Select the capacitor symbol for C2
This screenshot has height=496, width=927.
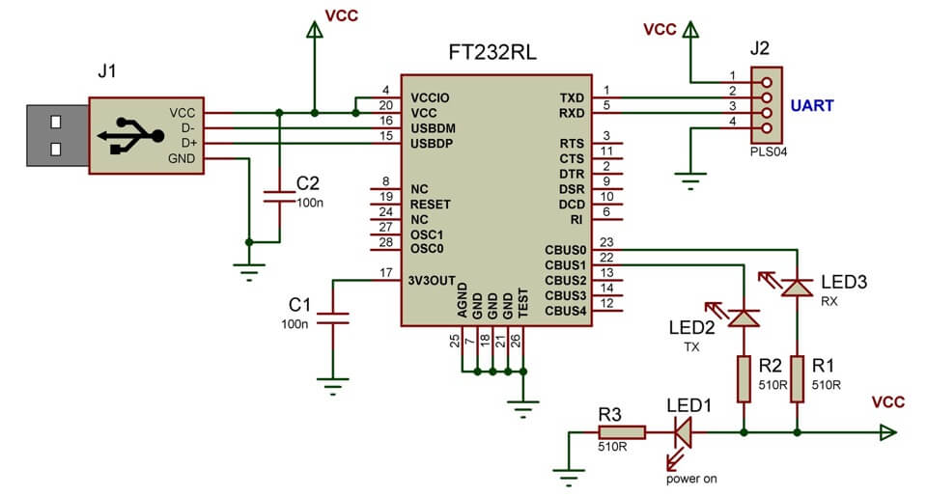click(278, 197)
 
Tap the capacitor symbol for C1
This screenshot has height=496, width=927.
click(334, 318)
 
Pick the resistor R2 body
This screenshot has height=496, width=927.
click(744, 378)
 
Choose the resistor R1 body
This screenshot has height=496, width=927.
click(798, 378)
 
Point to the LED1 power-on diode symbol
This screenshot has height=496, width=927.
click(682, 433)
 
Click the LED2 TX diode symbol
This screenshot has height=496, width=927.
click(744, 317)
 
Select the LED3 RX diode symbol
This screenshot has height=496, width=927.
click(798, 287)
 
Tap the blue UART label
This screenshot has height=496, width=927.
click(813, 105)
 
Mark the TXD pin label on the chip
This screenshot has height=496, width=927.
click(572, 97)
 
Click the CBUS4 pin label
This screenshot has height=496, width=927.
click(565, 311)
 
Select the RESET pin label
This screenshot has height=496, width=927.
click(431, 205)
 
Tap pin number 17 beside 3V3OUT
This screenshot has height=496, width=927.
click(385, 273)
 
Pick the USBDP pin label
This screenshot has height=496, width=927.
click(433, 144)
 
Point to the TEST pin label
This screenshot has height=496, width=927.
click(522, 302)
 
